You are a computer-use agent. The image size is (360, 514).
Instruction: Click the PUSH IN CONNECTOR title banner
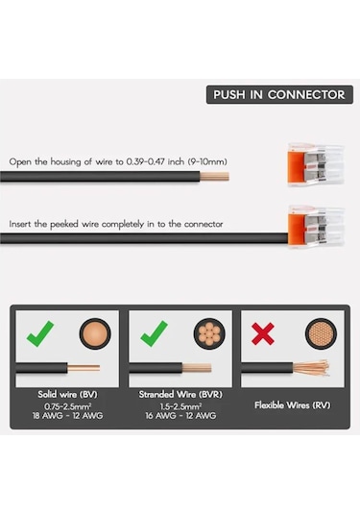(x=279, y=95)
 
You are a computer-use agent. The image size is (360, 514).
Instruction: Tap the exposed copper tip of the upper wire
(x=214, y=177)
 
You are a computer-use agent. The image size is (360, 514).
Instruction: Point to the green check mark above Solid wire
(x=40, y=333)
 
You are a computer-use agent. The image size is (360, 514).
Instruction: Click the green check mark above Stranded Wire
(x=154, y=333)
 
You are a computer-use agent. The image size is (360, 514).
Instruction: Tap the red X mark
(x=263, y=333)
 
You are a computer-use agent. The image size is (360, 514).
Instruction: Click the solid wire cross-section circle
(x=95, y=333)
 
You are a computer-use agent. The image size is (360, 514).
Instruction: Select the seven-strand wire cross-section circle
(x=209, y=333)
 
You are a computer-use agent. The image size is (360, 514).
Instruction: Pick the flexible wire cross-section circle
(x=321, y=333)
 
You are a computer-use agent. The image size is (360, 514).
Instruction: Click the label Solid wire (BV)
(x=67, y=394)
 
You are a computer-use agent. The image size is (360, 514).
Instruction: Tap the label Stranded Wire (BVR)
(x=180, y=394)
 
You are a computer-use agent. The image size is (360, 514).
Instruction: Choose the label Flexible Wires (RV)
(x=293, y=405)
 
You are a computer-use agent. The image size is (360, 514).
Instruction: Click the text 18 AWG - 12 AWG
(x=67, y=416)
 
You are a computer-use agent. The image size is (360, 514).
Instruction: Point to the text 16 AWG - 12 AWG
(x=180, y=416)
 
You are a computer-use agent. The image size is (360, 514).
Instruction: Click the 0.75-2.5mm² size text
(x=67, y=406)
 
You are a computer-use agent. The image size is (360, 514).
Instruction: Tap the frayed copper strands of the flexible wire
(x=311, y=368)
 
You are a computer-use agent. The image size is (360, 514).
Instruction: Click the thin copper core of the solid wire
(x=84, y=368)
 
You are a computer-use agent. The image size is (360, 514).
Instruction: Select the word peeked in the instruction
(x=64, y=224)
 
